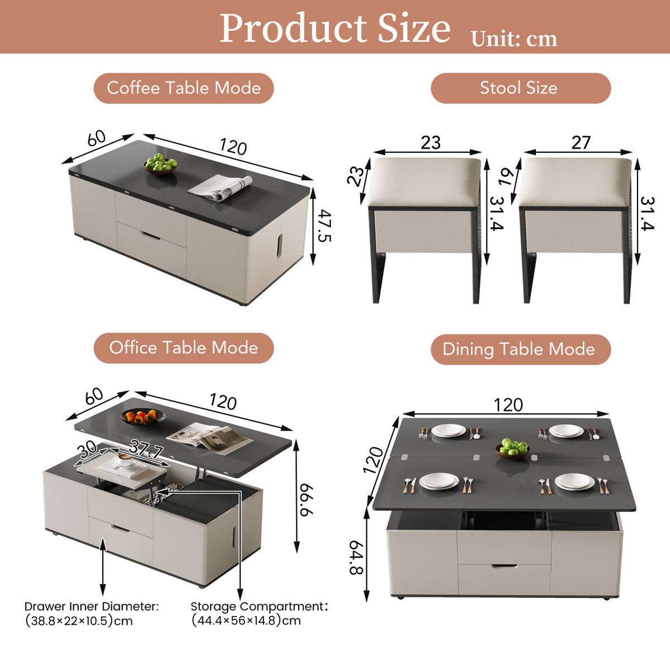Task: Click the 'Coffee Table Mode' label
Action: tap(184, 88)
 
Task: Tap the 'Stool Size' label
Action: tap(519, 88)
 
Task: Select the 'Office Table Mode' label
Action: tap(184, 348)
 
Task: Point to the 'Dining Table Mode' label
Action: tap(519, 350)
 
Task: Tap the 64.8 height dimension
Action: tap(356, 557)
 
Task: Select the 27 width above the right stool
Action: tap(581, 142)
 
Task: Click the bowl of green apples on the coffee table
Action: tap(160, 164)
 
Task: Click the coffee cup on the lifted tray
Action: tap(125, 459)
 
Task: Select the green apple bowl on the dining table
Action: tap(513, 448)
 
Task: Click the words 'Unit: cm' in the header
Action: tap(514, 39)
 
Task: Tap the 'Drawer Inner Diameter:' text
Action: tap(92, 606)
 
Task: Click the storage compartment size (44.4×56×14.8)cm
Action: tap(246, 620)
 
